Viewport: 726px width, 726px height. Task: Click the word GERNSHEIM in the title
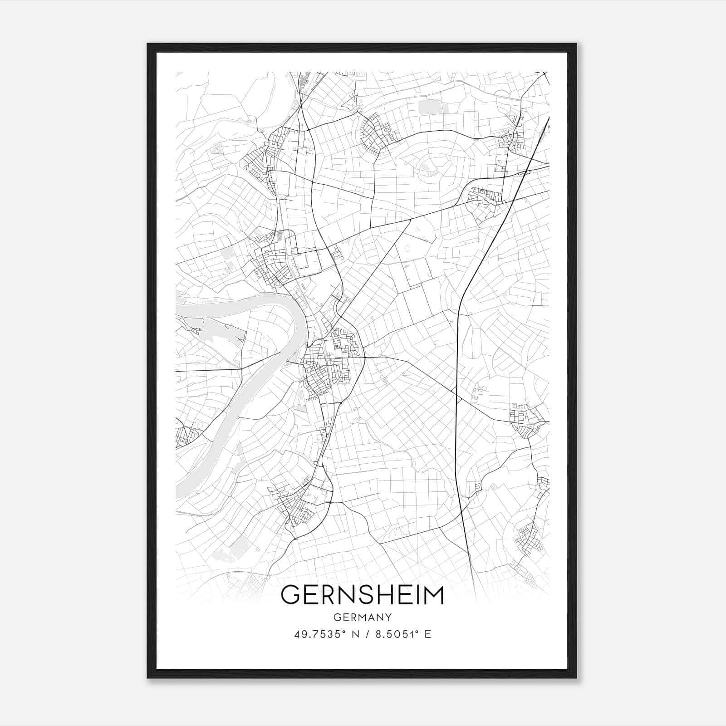coord(362,594)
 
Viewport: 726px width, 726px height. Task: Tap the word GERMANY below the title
coord(362,617)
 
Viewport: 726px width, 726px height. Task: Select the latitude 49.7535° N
coord(326,634)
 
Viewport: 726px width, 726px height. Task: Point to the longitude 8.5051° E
coord(402,634)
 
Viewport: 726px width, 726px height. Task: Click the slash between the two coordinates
coord(366,634)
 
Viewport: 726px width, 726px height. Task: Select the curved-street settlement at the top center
coord(374,132)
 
